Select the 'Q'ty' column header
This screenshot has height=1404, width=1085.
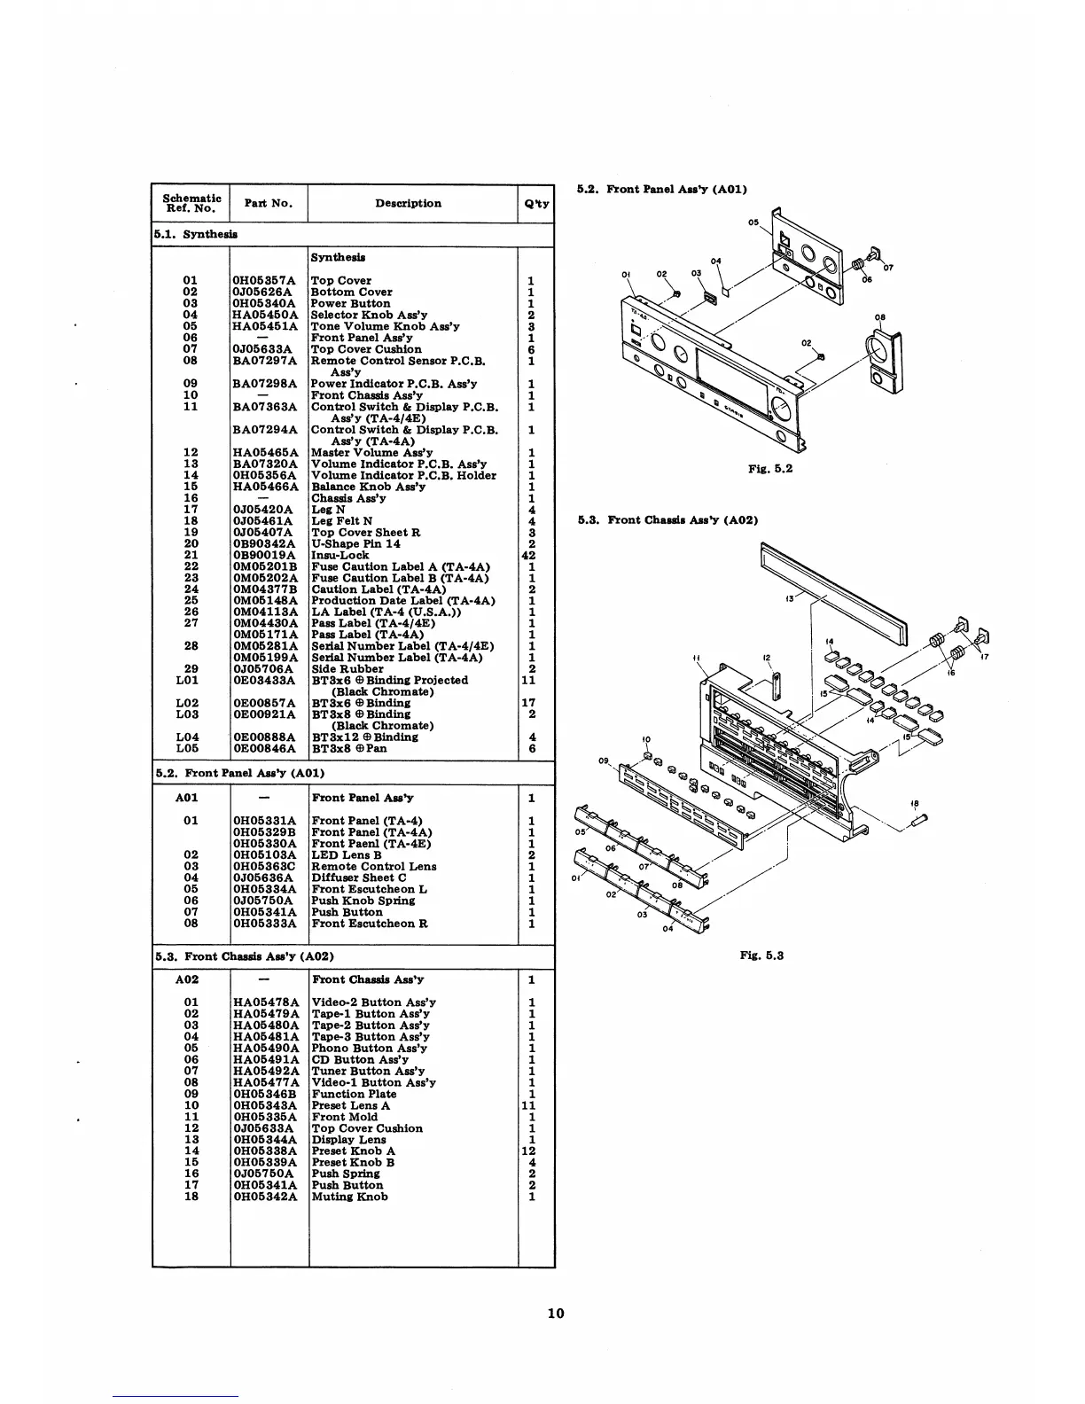click(535, 204)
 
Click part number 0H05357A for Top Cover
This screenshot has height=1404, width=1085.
click(265, 280)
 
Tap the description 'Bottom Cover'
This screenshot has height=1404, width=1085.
click(351, 292)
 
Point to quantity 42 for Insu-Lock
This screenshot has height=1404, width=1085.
click(529, 556)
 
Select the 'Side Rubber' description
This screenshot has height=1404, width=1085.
click(347, 669)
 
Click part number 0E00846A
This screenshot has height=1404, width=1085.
click(265, 748)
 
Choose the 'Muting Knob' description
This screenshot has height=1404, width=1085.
click(349, 1197)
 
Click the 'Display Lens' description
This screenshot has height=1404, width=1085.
click(348, 1140)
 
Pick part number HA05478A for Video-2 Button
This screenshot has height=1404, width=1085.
click(265, 1002)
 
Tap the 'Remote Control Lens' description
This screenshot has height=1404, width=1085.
click(373, 867)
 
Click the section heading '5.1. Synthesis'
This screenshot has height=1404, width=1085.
click(196, 235)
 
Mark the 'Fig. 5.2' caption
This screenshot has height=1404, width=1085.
click(769, 468)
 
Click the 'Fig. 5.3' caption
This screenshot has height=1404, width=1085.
click(761, 955)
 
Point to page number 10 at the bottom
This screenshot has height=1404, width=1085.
click(555, 1314)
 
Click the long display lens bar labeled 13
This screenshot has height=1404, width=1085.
click(833, 594)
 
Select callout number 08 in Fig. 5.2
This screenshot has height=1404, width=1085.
click(879, 317)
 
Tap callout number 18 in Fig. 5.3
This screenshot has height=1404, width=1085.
click(914, 804)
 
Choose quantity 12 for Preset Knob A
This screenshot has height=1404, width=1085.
click(530, 1150)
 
